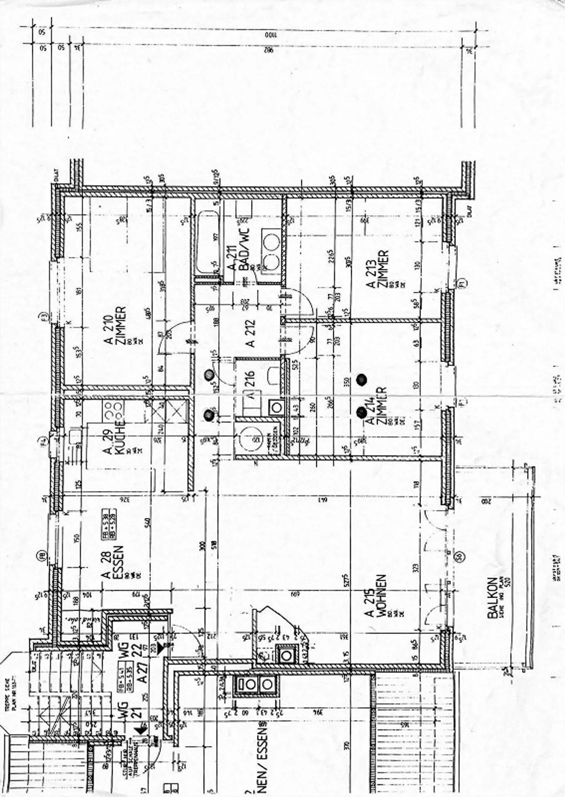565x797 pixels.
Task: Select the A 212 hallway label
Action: click(x=250, y=333)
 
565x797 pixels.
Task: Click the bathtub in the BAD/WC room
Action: click(x=207, y=243)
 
